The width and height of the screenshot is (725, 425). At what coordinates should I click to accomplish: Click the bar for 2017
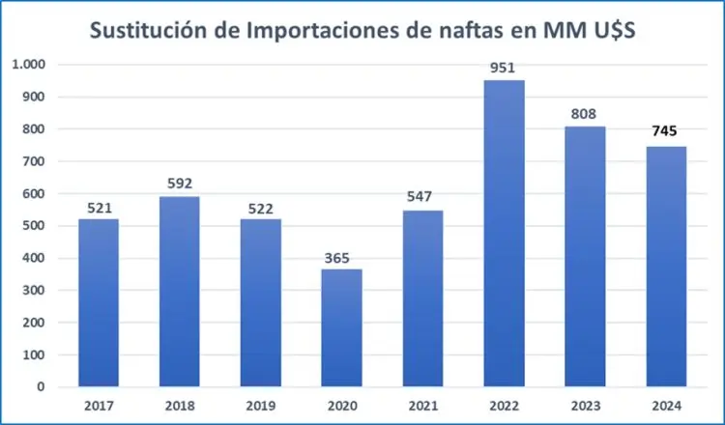click(x=98, y=302)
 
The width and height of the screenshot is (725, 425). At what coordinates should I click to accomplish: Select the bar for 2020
click(x=341, y=327)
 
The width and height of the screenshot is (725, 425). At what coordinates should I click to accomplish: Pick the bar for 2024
click(x=665, y=267)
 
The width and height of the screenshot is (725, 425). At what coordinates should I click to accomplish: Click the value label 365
click(x=341, y=256)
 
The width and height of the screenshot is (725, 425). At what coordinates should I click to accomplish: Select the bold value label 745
click(x=665, y=133)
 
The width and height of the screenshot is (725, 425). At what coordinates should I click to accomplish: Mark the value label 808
click(x=584, y=113)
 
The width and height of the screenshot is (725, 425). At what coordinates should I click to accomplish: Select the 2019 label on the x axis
click(x=260, y=407)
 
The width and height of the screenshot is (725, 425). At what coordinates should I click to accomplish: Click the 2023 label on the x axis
click(x=584, y=407)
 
